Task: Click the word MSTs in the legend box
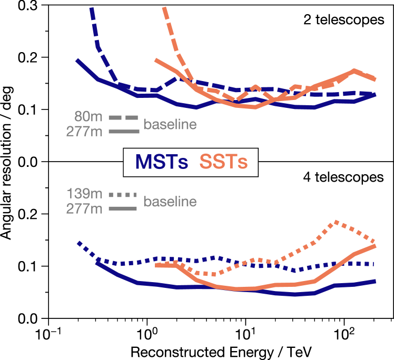[x=161, y=162]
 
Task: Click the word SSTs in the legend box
[x=223, y=162]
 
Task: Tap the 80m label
[x=88, y=116]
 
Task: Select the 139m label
[x=84, y=194]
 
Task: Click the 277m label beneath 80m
[x=84, y=132]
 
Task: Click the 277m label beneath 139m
[x=84, y=209]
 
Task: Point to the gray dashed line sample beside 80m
[x=123, y=117]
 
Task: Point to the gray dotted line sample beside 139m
[x=123, y=195]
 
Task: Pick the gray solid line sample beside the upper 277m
[x=123, y=132]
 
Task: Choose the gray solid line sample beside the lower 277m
[x=123, y=209]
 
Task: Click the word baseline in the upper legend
[x=170, y=125]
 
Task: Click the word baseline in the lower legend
[x=170, y=202]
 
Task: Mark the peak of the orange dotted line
[x=334, y=222]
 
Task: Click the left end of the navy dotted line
[x=78, y=243]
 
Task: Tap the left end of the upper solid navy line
[x=77, y=61]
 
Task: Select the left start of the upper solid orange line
[x=155, y=61]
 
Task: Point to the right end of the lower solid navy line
[x=375, y=281]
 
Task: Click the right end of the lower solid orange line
[x=375, y=246]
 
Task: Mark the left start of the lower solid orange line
[x=156, y=266]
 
